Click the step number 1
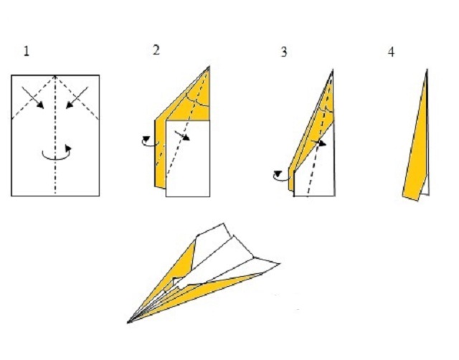coord(27,52)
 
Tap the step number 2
coord(156,50)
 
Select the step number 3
coord(284,52)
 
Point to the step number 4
coord(391,52)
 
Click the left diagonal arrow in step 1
coord(33,98)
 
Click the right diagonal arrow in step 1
coord(77,98)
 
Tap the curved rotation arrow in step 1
coord(57,152)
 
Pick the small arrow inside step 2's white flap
coord(182,136)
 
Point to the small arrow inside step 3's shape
coord(318,143)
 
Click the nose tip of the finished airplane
coord(128,323)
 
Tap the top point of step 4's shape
coord(427,70)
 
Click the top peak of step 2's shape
coord(209,67)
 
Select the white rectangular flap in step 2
coord(188,158)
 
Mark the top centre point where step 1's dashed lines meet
coord(55,76)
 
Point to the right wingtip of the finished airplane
coord(280,263)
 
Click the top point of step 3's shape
coord(333,70)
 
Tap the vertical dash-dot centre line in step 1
coord(55,136)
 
